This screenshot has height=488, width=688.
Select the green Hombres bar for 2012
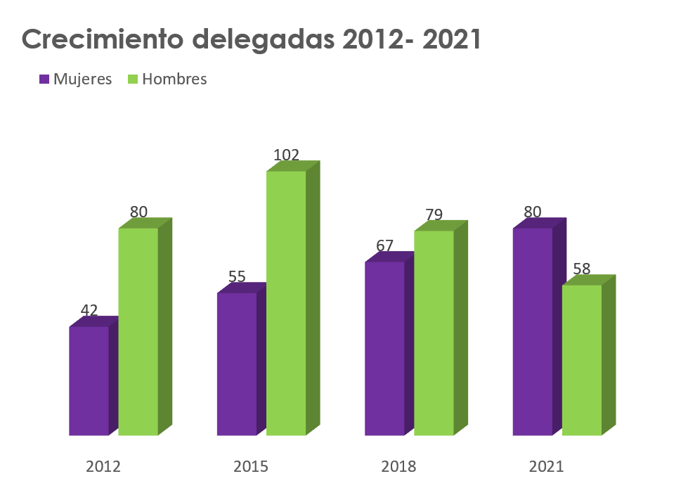tap(138, 331)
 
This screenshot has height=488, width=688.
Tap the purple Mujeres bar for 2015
tap(236, 364)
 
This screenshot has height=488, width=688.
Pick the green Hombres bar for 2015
tap(286, 303)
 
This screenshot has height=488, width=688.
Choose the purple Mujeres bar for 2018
tap(384, 348)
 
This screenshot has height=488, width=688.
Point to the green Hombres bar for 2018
tap(434, 333)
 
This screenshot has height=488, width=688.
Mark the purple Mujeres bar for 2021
tap(532, 331)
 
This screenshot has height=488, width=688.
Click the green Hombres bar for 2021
tap(581, 360)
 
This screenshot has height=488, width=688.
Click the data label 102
tap(286, 155)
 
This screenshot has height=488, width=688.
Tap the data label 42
tap(89, 310)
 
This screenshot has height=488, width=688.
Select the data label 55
tap(237, 276)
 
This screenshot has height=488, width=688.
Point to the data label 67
tap(384, 245)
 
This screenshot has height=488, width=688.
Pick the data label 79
tap(434, 214)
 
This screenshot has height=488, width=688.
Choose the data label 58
tap(581, 269)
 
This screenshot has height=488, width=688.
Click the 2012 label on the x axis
tap(103, 466)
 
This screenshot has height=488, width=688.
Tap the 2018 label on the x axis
tap(398, 466)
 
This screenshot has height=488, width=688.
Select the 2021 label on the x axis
tap(546, 466)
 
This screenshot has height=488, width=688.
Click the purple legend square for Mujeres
tap(44, 79)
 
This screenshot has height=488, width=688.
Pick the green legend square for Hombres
tap(133, 79)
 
